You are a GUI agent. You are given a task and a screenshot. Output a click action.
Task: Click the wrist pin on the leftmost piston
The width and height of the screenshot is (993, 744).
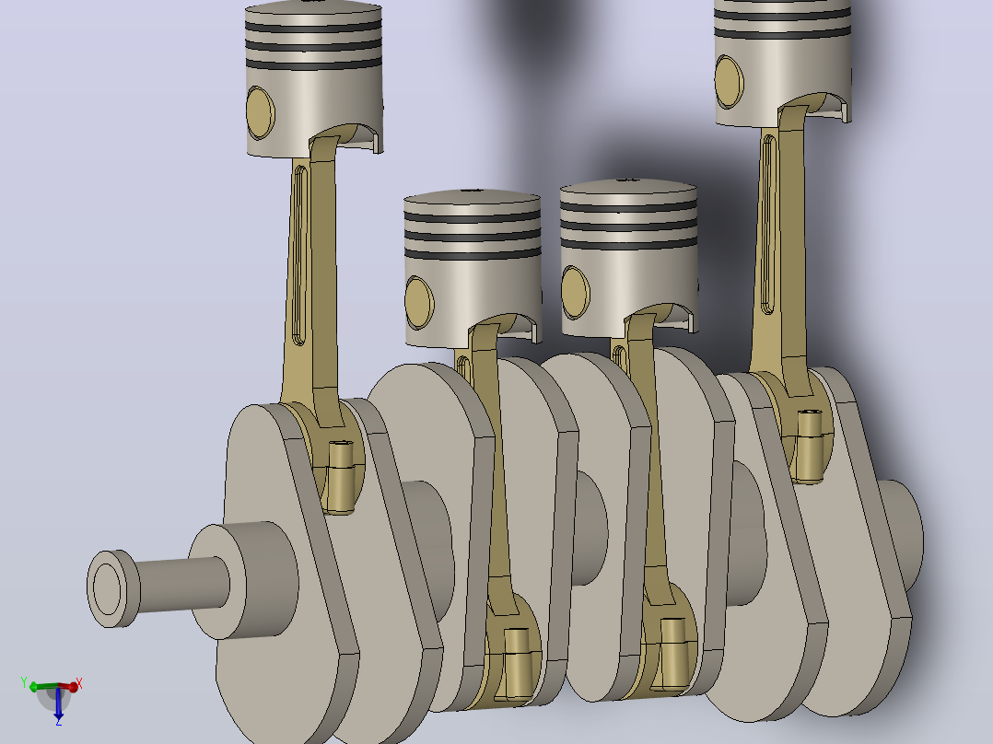pyautogui.click(x=261, y=112)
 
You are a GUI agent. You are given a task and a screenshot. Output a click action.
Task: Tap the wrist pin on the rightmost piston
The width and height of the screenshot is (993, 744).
pyautogui.click(x=729, y=82)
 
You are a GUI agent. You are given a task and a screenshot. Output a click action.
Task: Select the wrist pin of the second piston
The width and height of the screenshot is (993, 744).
pyautogui.click(x=419, y=303)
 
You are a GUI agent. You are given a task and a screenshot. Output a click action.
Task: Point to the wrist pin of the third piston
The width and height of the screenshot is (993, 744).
pyautogui.click(x=575, y=293)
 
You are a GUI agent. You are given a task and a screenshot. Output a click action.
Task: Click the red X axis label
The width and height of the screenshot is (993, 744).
pyautogui.click(x=79, y=684)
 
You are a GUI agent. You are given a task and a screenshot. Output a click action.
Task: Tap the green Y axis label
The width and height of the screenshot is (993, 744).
pyautogui.click(x=24, y=682)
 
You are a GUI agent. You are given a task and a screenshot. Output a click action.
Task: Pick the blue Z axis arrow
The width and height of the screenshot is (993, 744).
pyautogui.click(x=58, y=703)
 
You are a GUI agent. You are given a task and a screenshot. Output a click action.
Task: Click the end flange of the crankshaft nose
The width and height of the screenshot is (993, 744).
pyautogui.click(x=112, y=589)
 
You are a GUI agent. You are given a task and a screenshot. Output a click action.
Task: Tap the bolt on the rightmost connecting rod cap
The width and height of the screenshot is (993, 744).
pyautogui.click(x=810, y=446)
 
